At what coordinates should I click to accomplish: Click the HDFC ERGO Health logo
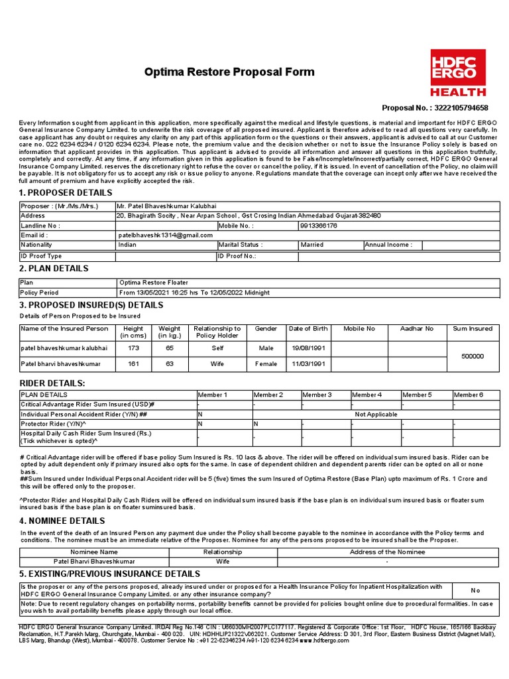[x=458, y=73]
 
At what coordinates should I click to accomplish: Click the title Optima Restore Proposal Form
[x=230, y=72]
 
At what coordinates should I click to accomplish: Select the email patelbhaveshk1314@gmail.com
[x=156, y=235]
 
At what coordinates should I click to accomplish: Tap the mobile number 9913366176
[x=319, y=225]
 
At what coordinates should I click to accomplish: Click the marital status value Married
[x=312, y=245]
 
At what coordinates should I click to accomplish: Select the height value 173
[x=133, y=347]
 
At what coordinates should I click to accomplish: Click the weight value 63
[x=170, y=363]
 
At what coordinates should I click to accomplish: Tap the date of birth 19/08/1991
[x=308, y=347]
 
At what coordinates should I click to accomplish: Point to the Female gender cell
[x=266, y=363]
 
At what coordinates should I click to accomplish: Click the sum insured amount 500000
[x=473, y=356]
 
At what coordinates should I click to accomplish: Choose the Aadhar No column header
[x=417, y=328]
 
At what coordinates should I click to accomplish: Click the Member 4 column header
[x=367, y=395]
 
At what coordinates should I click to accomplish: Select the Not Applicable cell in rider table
[x=376, y=414]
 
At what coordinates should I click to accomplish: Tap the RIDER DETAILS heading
[x=52, y=383]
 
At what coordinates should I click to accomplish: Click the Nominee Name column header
[x=95, y=552]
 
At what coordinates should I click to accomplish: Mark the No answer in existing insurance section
[x=475, y=590]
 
